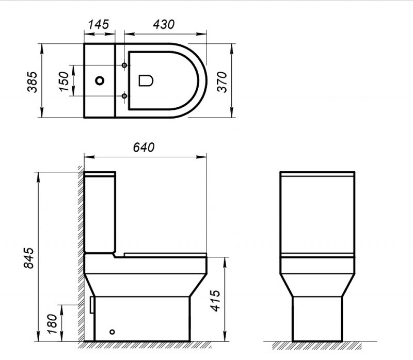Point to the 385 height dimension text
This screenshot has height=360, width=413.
pos(31,81)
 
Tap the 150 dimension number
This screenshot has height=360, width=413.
pos(65,81)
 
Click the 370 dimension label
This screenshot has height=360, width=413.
pos(221,81)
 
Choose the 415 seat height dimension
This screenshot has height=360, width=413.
pos(216,299)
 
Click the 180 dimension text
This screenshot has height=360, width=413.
pos(51,323)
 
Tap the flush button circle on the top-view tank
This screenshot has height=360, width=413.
pos(100,81)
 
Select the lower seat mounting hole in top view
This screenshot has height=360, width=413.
pos(124,96)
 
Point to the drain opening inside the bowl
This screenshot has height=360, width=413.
pos(147,80)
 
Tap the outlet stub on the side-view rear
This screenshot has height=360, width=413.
pos(92,304)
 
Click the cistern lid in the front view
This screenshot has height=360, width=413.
pos(317,173)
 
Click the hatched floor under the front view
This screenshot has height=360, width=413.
pos(317,344)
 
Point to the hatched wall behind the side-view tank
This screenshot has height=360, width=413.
pos(81,217)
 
